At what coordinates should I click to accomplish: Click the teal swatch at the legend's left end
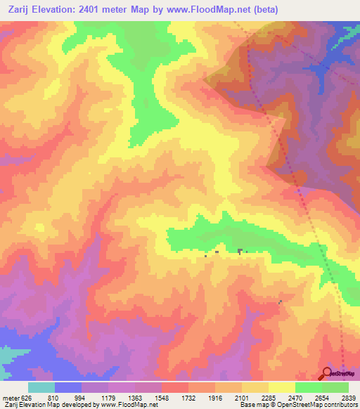[41, 387]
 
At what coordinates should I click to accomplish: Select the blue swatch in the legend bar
[68, 387]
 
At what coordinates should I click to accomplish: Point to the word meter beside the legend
[11, 398]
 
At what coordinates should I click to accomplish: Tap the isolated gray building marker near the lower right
[280, 302]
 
